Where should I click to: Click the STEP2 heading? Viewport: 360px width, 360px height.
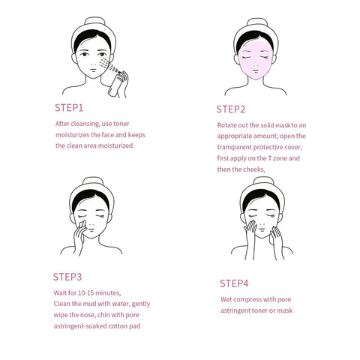point(231,109)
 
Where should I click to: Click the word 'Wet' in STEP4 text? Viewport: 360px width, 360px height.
point(227,299)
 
